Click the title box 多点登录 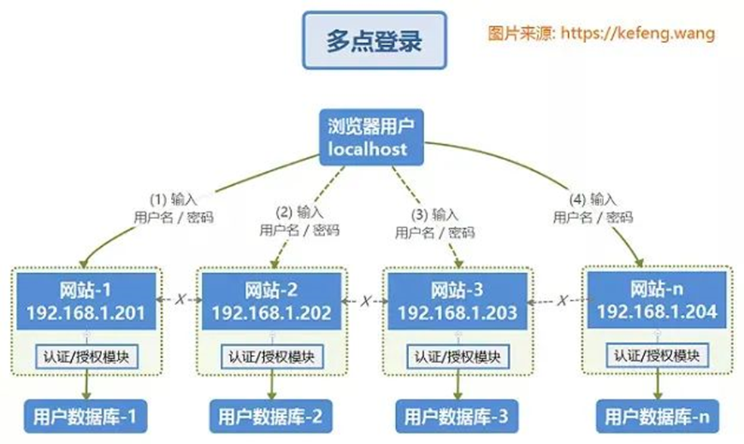[x=374, y=41]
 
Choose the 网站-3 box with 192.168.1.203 [x=457, y=301]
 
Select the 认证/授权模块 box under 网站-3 [x=457, y=355]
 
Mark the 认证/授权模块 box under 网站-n [x=654, y=355]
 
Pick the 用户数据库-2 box [x=271, y=415]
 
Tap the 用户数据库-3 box [x=456, y=415]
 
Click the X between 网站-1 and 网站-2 [x=179, y=300]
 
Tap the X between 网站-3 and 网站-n [x=561, y=301]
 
